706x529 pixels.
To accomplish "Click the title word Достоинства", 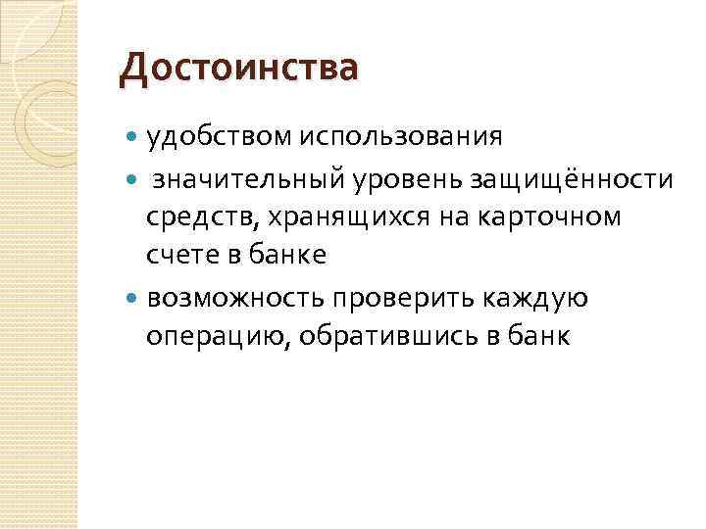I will [238, 70].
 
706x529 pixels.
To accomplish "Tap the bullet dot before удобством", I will [133, 136].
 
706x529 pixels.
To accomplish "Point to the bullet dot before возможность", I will [133, 297].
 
